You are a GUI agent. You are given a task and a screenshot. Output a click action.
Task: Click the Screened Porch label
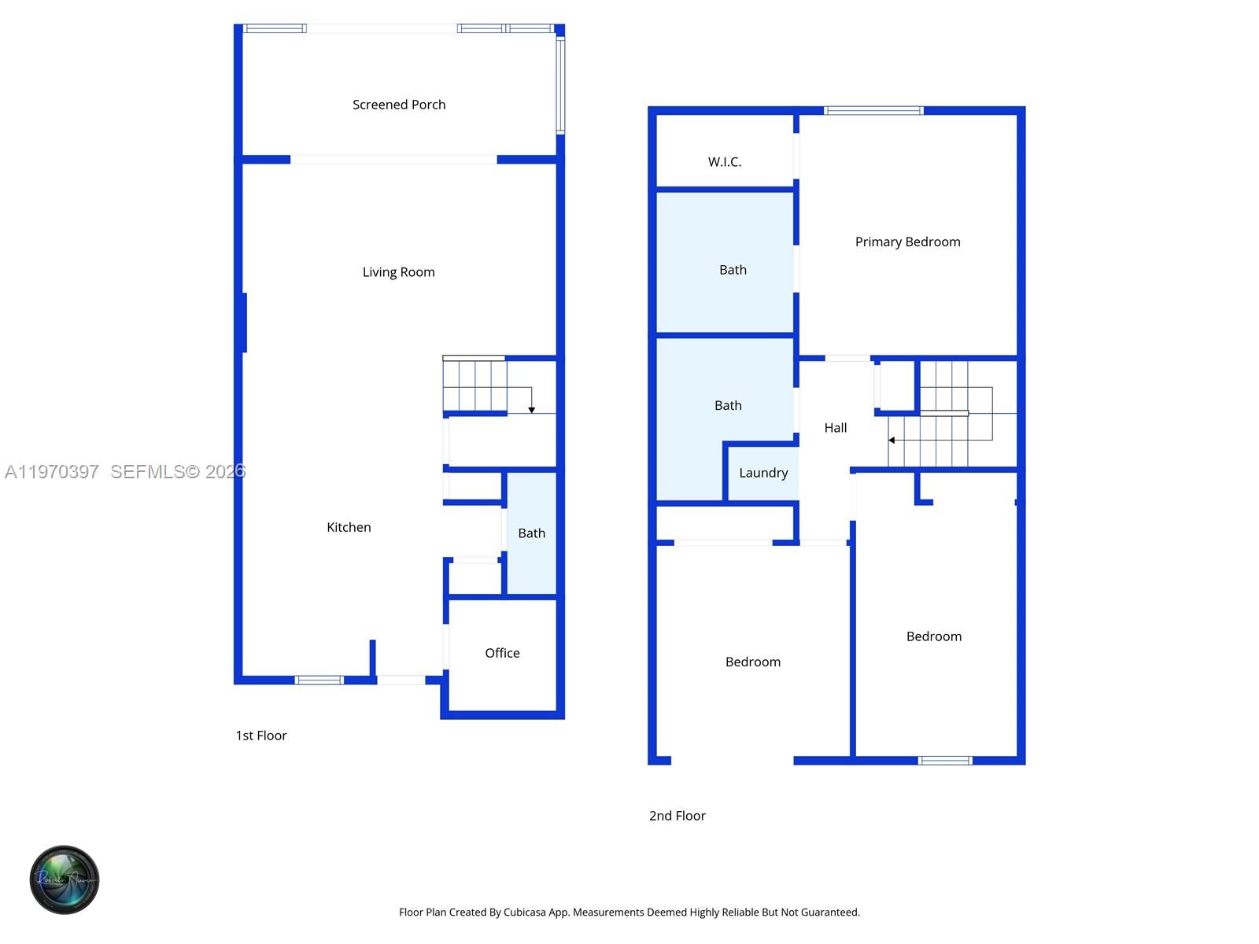coord(399,105)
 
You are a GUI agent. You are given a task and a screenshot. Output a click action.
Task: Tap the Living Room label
coord(398,272)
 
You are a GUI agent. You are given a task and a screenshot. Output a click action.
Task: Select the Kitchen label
coord(349,527)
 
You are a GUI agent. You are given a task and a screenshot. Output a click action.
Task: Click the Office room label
coord(502,653)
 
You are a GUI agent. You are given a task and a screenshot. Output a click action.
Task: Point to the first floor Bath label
coord(531,533)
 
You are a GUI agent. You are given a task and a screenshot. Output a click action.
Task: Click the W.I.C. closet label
coord(724,162)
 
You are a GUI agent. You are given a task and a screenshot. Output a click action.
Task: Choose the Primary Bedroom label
coord(907,242)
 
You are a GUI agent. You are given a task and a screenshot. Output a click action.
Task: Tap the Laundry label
coord(763,473)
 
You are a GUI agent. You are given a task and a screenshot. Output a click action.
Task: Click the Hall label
coord(835,428)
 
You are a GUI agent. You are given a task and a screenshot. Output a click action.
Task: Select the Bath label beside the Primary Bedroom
coord(733,270)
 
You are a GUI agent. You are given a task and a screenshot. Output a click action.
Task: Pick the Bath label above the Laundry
coord(728,406)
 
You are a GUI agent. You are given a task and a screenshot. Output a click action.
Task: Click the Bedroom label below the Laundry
coord(753,662)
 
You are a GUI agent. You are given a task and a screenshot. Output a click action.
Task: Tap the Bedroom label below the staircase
coord(933,636)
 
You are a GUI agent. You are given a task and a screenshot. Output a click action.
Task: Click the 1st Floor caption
coord(261,736)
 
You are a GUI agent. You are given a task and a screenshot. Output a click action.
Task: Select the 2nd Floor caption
coord(677,816)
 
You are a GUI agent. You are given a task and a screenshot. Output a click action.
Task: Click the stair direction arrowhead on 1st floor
coord(532,410)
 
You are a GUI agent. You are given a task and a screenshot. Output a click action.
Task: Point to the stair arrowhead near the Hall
coord(892,441)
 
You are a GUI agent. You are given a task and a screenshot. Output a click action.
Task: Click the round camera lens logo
coord(65,879)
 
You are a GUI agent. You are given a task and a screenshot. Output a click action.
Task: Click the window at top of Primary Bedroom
coord(873,111)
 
